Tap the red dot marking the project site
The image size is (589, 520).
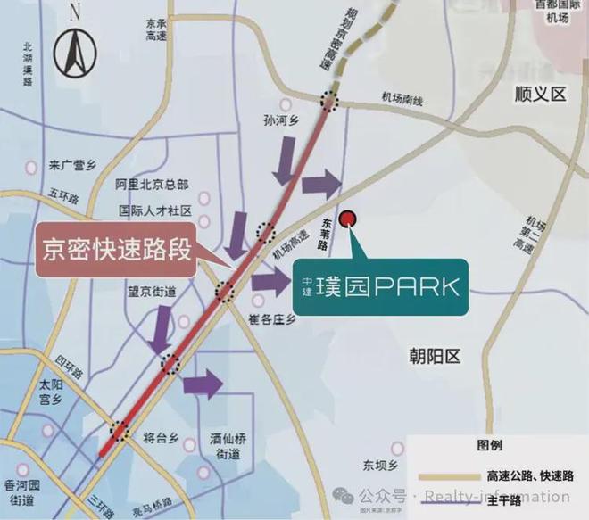click(349, 218)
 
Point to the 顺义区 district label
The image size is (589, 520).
click(540, 94)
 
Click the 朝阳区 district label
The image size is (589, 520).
click(432, 357)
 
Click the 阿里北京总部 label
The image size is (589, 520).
click(153, 185)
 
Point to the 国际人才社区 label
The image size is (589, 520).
click(155, 212)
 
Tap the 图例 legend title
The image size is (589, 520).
click(490, 445)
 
